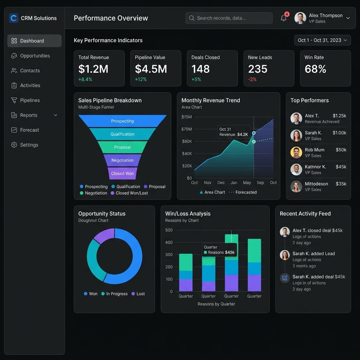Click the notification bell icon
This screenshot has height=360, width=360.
pos(283,18)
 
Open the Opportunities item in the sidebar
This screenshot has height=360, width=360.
pos(34,56)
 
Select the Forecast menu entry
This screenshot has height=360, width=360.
pos(30,130)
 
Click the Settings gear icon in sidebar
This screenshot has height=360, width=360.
pos(14,145)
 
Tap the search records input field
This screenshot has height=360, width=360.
pos(229,18)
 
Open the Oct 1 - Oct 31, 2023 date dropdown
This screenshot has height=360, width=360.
pos(322,40)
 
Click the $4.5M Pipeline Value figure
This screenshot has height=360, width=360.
pos(151,69)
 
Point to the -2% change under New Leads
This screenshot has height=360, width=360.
pos(252,79)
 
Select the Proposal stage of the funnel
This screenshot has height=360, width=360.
pos(122,147)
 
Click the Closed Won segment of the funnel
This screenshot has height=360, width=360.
pos(122,173)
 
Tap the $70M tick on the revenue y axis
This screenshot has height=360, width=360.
pos(187,129)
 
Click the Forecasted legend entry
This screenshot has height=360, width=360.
pos(243,192)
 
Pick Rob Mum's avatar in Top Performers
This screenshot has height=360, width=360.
pos(296,153)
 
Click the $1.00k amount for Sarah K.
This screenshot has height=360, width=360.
pos(339,133)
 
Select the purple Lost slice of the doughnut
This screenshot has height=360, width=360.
pos(103,235)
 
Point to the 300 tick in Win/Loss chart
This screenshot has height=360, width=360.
pos(169,255)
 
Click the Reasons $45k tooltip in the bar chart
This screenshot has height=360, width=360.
pos(219,250)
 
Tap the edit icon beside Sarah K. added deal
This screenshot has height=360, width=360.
pos(285,278)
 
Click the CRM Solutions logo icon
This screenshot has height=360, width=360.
pos(14,18)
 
